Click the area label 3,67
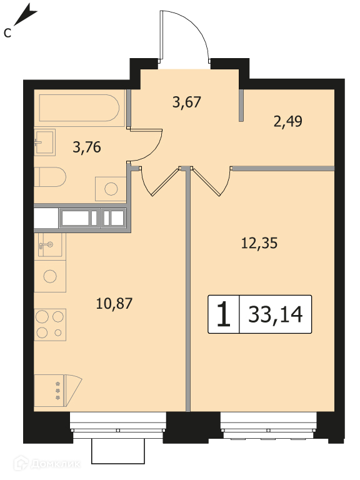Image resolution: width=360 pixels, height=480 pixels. click(x=187, y=102)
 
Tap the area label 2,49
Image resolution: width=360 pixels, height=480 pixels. click(x=287, y=121)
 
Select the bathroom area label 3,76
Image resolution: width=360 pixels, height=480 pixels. click(x=87, y=147)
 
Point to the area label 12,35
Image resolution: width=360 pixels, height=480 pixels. click(x=259, y=243)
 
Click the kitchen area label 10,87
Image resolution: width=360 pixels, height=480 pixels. click(x=114, y=304)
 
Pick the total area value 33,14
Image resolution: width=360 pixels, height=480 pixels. click(x=276, y=314)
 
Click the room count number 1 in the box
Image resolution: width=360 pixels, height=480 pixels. click(x=224, y=314)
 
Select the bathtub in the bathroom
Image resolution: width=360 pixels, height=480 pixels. click(x=79, y=107)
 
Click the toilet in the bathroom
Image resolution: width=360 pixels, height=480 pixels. click(x=50, y=177)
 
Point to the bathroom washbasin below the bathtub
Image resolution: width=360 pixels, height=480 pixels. click(x=45, y=142)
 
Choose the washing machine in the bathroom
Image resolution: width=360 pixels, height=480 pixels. click(x=111, y=189)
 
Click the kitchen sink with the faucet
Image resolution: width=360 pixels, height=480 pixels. click(x=50, y=244)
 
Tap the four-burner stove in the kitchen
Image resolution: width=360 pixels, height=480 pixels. click(x=50, y=325)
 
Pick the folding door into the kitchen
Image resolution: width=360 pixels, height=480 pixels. click(x=160, y=181)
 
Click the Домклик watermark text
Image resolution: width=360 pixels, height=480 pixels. click(x=56, y=464)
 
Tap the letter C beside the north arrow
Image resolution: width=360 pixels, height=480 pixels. click(x=7, y=33)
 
